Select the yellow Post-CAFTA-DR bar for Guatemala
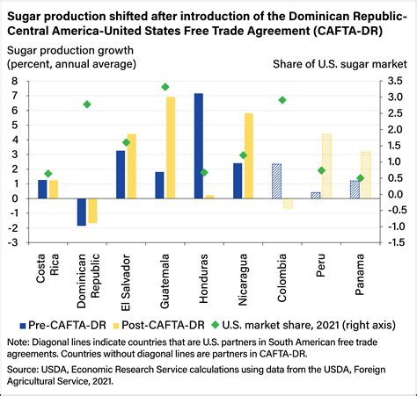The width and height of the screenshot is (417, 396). coord(171,148)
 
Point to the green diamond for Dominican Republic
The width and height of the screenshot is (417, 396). coord(87,104)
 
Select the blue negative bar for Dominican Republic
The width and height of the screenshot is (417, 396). coord(82,212)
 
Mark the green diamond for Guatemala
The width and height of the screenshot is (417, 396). coord(165,87)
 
